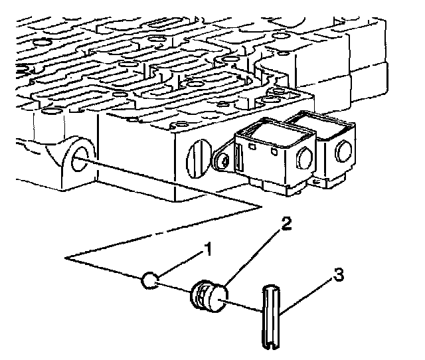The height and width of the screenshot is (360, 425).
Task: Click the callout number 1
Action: click(208, 249)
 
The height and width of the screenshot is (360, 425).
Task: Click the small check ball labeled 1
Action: click(149, 280)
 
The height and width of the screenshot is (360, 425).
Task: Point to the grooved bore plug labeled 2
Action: click(209, 296)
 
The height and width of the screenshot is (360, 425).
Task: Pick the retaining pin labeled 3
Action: click(271, 317)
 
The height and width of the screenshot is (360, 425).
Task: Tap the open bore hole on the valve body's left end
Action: click(80, 159)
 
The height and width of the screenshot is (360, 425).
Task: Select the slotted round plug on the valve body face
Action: click(199, 159)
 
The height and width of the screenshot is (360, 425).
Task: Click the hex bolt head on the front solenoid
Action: click(305, 159)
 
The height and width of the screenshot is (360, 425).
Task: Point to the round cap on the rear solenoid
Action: click(344, 151)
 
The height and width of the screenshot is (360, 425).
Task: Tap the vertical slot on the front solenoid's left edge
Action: click(238, 158)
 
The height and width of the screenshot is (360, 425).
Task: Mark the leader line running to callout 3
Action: click(306, 298)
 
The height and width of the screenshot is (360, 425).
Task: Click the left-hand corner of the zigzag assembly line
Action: click(65, 258)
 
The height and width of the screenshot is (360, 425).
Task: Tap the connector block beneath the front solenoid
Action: click(278, 186)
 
